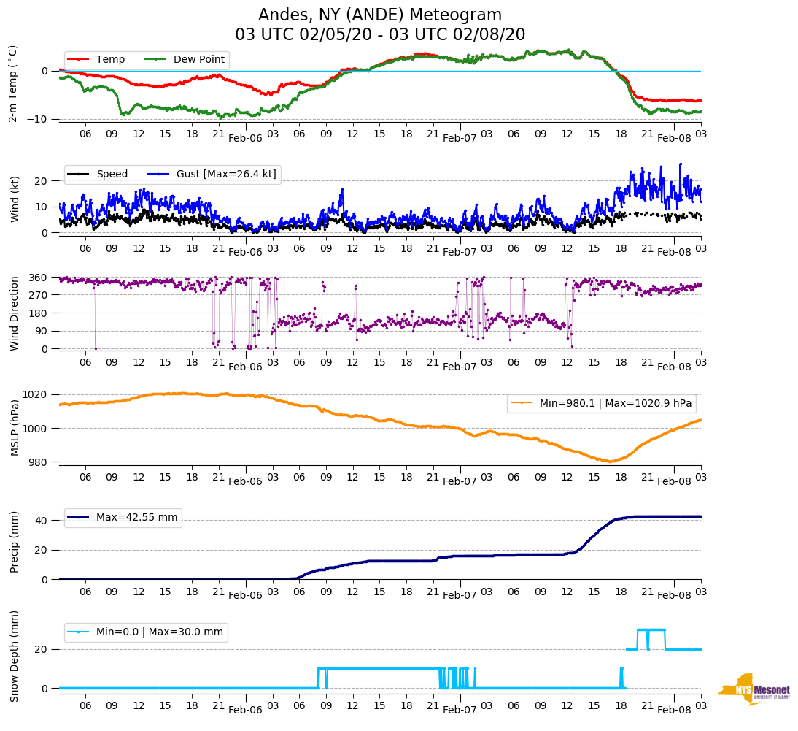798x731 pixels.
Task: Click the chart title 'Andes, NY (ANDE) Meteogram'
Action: (380, 15)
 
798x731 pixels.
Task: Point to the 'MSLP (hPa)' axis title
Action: (15, 427)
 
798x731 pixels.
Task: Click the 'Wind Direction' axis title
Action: (15, 313)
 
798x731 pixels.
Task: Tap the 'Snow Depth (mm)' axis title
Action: (15, 656)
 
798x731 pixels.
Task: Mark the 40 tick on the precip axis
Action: (41, 521)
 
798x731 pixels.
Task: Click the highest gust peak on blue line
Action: (680, 164)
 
